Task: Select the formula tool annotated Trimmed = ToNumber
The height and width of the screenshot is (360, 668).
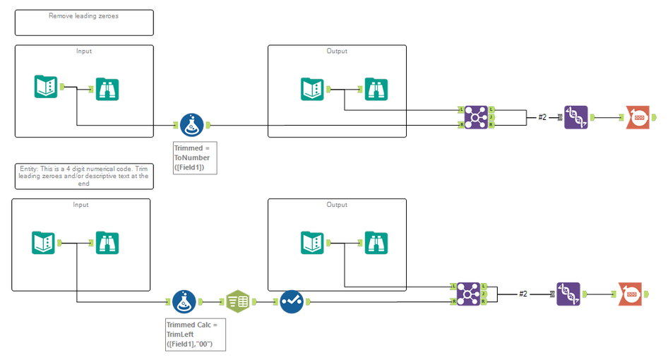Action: pos(191,125)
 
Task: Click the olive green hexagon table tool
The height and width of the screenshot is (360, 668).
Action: pos(237,301)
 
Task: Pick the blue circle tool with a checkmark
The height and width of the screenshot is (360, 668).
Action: pos(291,301)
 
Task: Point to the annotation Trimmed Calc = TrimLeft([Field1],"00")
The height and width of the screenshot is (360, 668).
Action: pos(196,334)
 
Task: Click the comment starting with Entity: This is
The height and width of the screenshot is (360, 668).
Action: pos(83,176)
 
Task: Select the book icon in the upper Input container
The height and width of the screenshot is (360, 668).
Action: pos(46,87)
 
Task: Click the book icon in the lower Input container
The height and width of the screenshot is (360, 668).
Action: pos(44,243)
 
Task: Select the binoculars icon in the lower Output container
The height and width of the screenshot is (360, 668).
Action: pos(376,243)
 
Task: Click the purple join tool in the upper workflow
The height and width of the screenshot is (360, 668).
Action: pos(476,117)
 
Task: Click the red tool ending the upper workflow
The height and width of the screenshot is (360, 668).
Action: pos(638,117)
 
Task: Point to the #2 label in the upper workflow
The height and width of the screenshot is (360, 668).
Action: pos(542,117)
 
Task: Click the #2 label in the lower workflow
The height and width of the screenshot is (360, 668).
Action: pos(523,294)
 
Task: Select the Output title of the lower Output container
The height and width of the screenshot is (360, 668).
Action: pos(337,205)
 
